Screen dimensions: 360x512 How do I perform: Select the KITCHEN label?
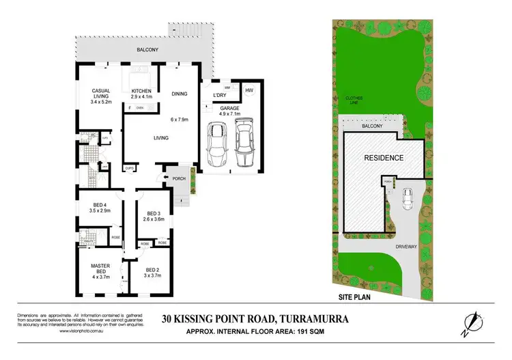141,92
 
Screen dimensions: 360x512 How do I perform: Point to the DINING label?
179,94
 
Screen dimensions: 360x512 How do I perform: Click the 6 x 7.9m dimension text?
179,120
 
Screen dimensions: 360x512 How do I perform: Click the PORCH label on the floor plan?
179,180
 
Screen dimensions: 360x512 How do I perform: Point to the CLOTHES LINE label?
354,100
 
